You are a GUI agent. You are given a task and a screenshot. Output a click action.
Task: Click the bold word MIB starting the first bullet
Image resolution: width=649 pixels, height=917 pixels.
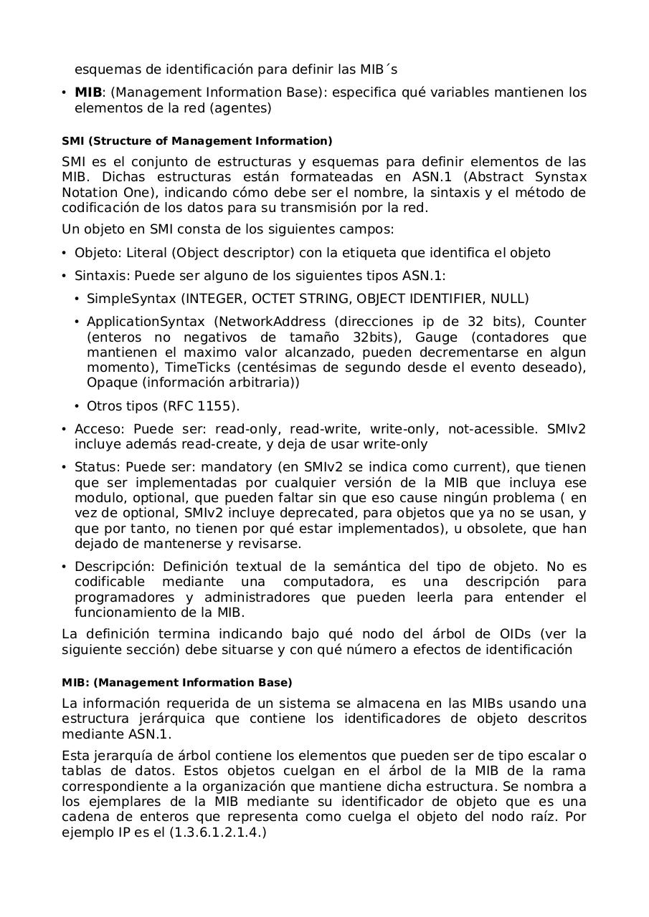pyautogui.click(x=88, y=92)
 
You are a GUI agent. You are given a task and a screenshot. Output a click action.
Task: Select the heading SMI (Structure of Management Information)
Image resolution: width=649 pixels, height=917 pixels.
pyautogui.click(x=197, y=141)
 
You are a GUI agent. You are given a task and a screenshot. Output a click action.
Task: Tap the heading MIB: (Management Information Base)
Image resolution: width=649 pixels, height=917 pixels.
pyautogui.click(x=177, y=683)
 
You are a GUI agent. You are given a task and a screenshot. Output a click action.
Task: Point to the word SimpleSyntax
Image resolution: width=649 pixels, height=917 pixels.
pyautogui.click(x=131, y=299)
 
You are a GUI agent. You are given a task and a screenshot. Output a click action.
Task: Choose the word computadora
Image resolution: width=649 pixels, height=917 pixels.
pyautogui.click(x=326, y=582)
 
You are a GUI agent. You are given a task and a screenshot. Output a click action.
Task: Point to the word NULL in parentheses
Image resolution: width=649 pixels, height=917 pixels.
pyautogui.click(x=510, y=299)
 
